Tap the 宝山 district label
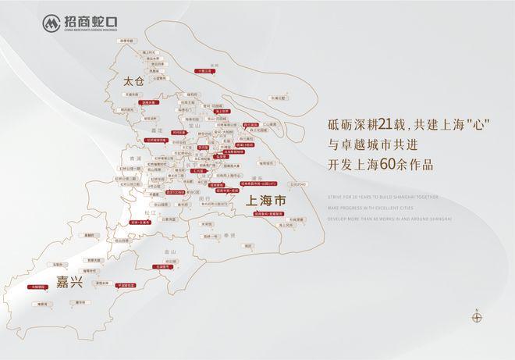tap(195, 126)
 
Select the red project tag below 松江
tap(140, 222)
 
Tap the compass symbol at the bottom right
tap(477, 316)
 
